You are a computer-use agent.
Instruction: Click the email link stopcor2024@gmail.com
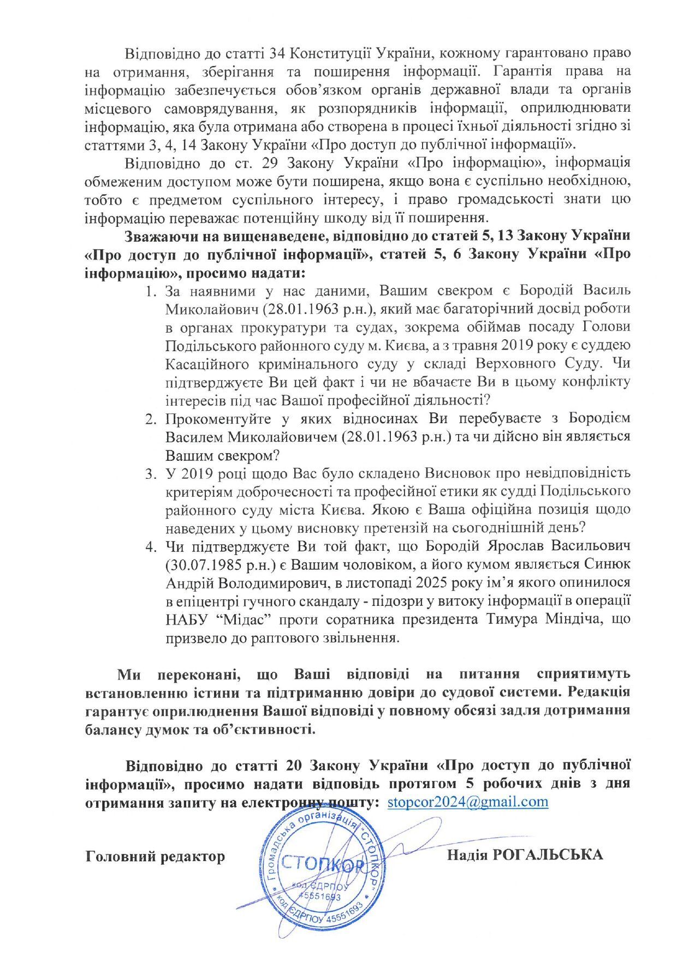[467, 802]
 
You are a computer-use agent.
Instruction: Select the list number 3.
[151, 473]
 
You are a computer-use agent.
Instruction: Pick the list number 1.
[151, 290]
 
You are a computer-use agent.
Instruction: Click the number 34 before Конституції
[278, 53]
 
